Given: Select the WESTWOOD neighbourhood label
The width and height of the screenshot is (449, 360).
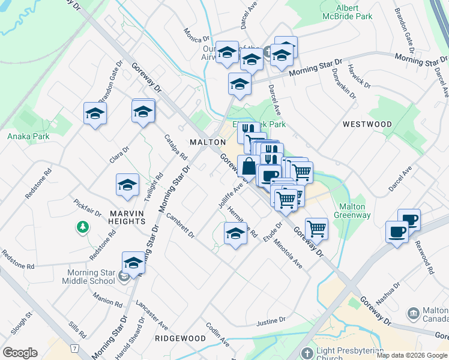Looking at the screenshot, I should click(x=367, y=124).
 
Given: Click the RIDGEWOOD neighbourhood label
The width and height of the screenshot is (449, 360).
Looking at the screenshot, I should click(x=180, y=338).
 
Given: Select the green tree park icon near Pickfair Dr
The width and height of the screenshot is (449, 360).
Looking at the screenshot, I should click(x=82, y=227).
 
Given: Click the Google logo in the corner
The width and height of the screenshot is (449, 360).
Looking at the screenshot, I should click(x=20, y=353).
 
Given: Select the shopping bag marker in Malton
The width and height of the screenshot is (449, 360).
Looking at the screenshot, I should click(x=249, y=165).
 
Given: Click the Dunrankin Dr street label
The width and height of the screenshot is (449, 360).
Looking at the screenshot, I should click(x=343, y=83).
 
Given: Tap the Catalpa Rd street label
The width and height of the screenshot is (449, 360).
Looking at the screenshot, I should click(x=176, y=146).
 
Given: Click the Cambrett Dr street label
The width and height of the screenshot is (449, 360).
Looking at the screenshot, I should click(x=181, y=225).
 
